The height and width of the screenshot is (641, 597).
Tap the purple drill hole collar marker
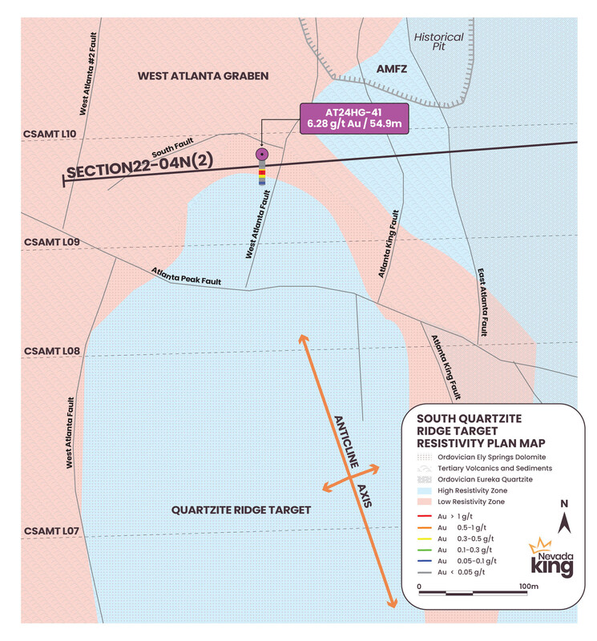(261, 154)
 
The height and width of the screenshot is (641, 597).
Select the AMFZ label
(393, 71)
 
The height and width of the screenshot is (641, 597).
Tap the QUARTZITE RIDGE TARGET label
(242, 510)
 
